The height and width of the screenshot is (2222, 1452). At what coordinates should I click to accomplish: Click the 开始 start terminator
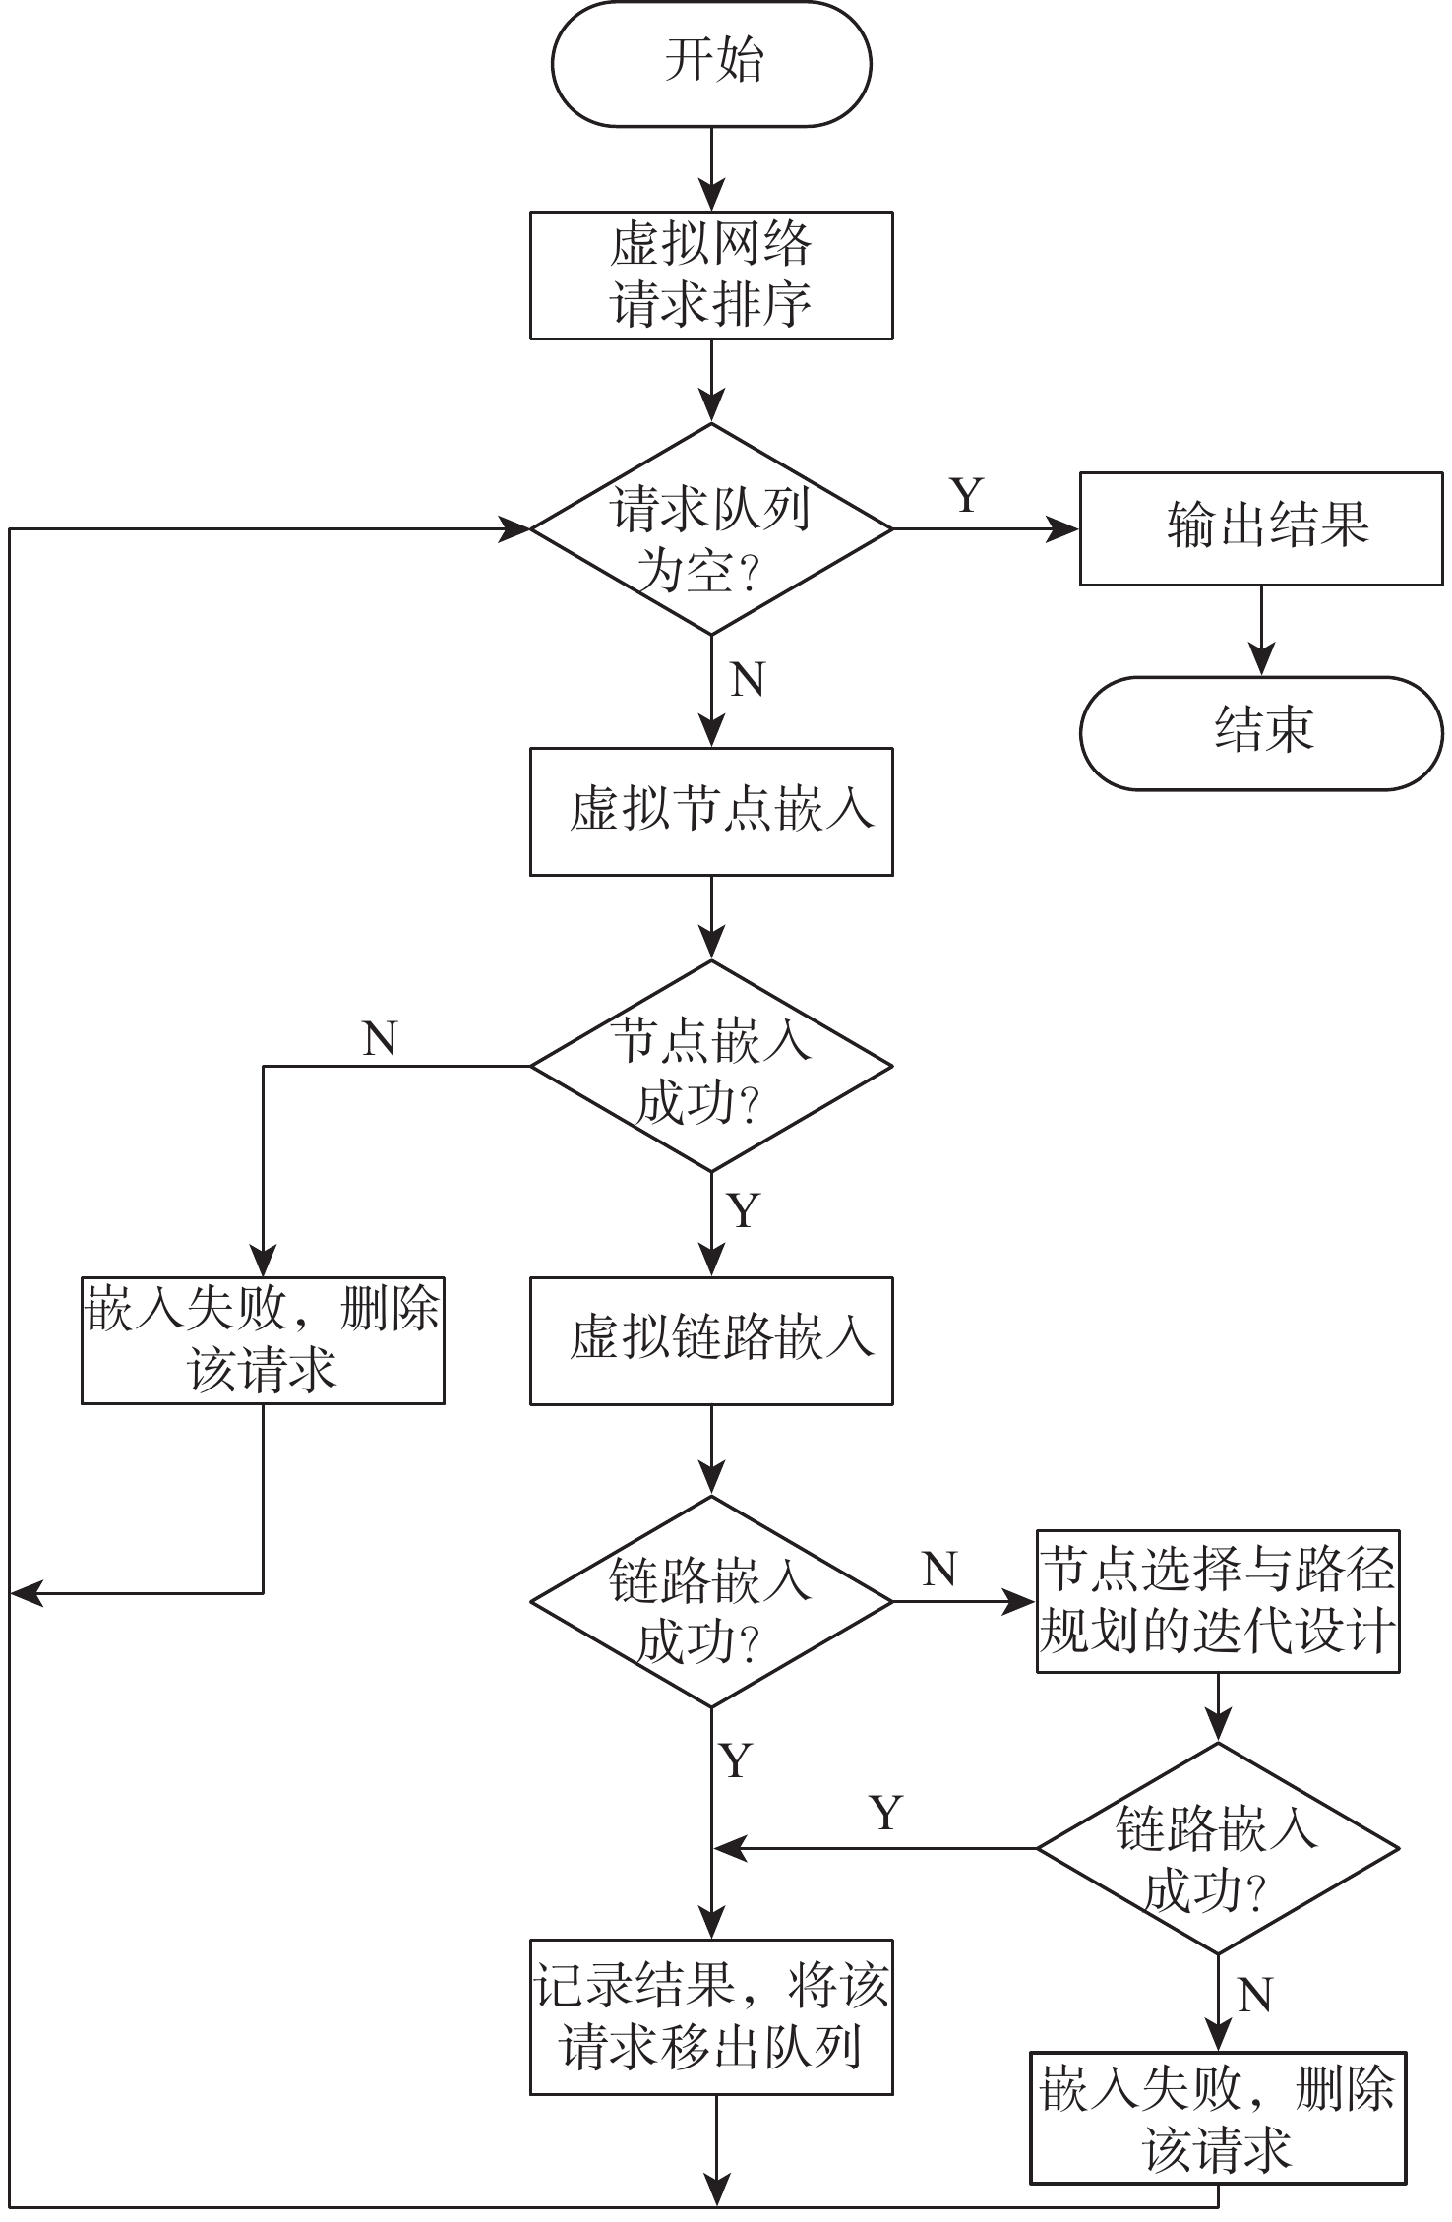710,62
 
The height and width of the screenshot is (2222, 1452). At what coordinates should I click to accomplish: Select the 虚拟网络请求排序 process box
710,276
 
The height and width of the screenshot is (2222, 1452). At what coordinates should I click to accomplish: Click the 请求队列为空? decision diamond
710,529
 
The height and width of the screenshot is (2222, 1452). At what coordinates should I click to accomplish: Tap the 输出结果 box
1261,529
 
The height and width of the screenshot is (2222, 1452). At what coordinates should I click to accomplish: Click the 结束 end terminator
1261,733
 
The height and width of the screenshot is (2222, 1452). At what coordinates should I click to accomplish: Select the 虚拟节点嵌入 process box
710,812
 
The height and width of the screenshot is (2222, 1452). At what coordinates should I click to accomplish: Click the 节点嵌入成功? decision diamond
710,1066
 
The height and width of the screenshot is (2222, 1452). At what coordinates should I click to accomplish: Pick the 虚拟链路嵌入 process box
710,1341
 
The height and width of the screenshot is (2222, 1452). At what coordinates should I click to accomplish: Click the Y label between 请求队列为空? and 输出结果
967,495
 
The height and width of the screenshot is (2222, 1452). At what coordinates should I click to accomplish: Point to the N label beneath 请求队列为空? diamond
748,680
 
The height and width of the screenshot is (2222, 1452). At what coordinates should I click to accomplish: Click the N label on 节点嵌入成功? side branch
380,1039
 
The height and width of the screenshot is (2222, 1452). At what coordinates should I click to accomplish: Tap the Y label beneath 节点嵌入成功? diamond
744,1210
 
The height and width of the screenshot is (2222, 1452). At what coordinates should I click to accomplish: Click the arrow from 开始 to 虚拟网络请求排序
710,168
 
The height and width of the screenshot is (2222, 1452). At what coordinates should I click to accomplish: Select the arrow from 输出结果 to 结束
1261,631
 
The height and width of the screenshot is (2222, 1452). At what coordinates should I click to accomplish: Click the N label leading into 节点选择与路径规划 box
940,1570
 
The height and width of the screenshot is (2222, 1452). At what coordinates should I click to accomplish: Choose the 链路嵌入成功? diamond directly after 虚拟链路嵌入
710,1602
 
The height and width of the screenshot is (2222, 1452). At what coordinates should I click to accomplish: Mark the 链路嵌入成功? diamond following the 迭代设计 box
1218,1848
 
